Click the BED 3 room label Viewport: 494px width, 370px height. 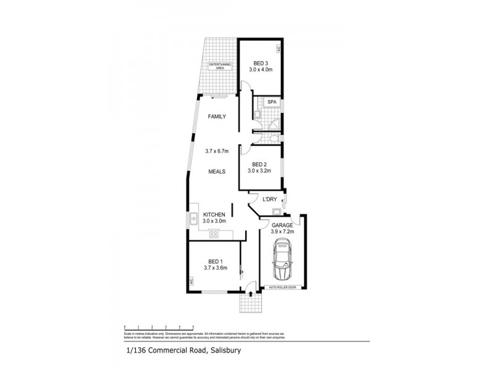[x=261, y=62]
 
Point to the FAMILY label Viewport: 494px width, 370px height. [x=216, y=116]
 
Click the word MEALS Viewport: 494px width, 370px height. [x=216, y=171]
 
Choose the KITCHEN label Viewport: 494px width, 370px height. [x=216, y=214]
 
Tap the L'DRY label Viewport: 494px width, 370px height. [x=270, y=199]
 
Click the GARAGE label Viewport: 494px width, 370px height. [x=282, y=225]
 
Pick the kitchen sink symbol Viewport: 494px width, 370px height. [x=194, y=217]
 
